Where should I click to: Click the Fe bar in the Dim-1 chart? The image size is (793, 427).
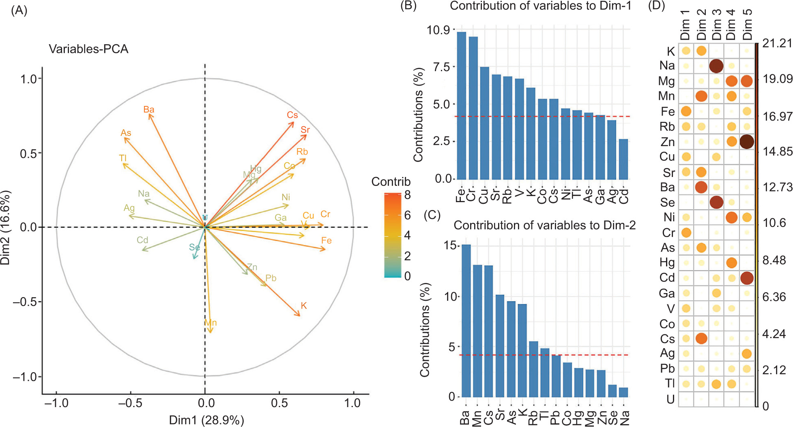click(461, 106)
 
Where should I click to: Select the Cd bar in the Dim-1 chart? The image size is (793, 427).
click(623, 159)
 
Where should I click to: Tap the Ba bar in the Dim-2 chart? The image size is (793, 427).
click(466, 321)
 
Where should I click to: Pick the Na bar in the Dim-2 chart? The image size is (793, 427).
click(623, 392)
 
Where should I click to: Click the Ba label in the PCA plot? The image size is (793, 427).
click(149, 110)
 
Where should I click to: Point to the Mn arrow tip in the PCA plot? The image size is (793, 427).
click(210, 332)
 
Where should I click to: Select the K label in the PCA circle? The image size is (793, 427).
click(304, 306)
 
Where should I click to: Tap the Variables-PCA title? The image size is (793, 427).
click(88, 49)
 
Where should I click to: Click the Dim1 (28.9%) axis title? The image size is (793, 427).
click(206, 420)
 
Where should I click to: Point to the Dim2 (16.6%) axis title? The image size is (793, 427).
click(5, 227)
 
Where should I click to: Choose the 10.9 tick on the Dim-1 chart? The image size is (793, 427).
click(438, 30)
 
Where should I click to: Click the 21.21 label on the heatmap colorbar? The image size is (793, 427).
click(777, 43)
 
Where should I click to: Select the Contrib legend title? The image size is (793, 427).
click(391, 181)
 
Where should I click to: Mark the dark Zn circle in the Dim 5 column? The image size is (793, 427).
click(747, 141)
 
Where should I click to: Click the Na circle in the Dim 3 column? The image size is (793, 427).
click(716, 66)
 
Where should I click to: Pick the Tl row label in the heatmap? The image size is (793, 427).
click(670, 383)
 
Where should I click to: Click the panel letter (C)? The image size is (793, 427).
click(432, 215)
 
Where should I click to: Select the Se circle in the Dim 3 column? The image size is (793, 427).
click(716, 202)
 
